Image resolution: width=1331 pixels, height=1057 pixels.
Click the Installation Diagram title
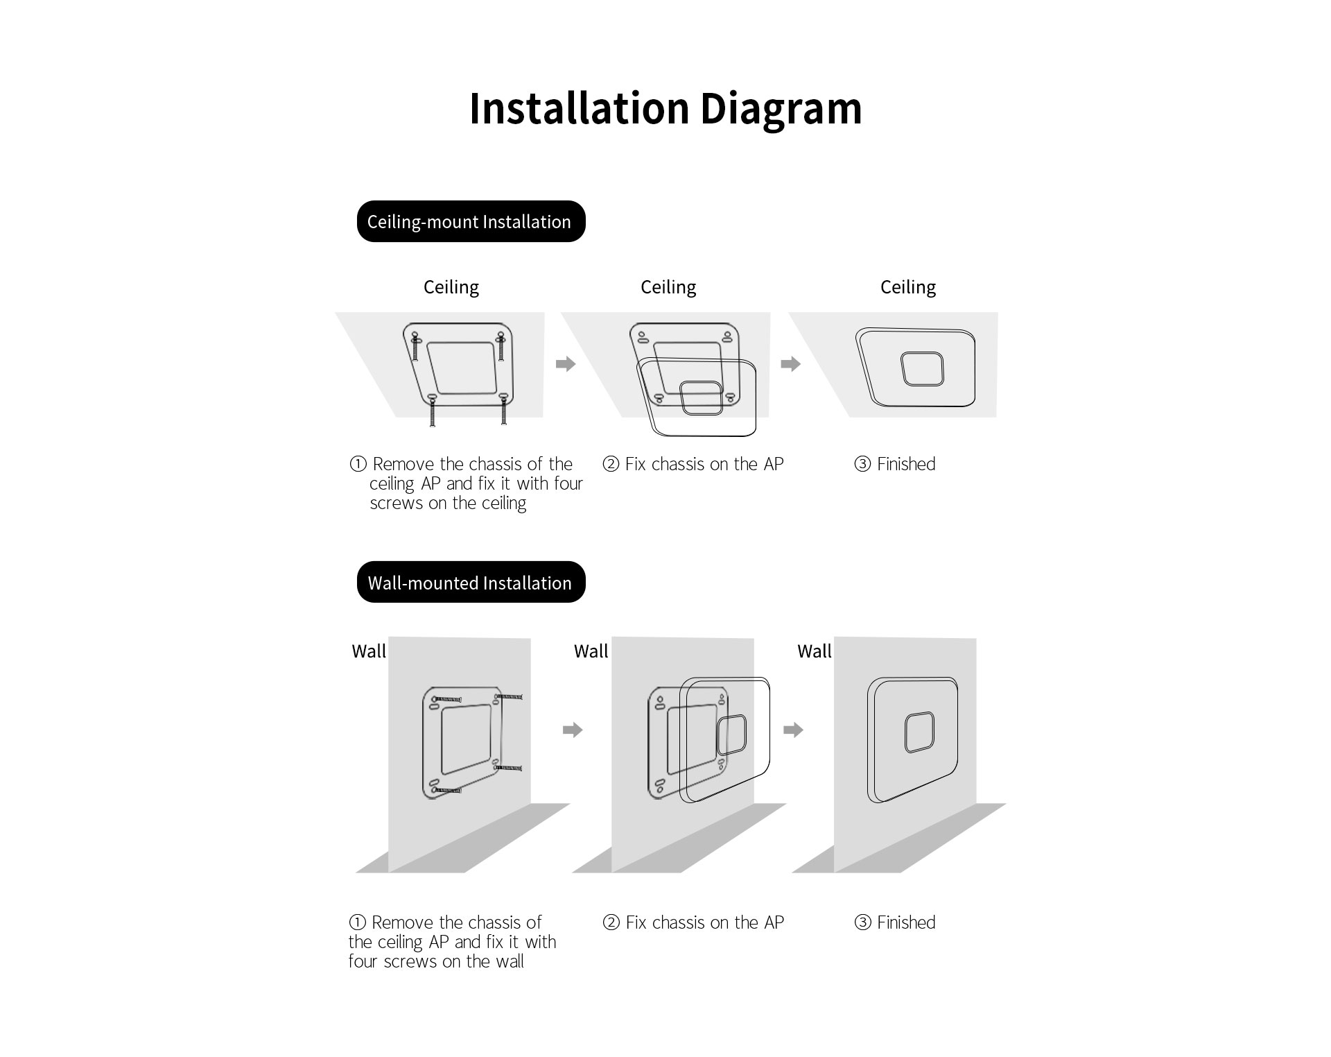665,109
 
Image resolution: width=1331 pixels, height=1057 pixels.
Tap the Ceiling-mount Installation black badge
471,221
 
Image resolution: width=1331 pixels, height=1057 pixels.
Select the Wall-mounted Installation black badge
471,582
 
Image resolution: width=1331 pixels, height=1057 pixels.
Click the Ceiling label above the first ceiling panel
451,287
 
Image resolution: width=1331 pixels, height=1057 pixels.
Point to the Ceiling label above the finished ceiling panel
908,287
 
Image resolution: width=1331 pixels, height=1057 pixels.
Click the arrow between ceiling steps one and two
566,363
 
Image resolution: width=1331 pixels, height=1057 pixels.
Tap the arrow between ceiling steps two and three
791,363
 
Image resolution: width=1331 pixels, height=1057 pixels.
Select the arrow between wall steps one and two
573,730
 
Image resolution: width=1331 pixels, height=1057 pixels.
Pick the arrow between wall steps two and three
794,730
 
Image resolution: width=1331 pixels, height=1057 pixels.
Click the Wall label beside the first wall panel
369,651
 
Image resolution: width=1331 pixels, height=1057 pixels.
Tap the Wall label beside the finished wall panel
815,651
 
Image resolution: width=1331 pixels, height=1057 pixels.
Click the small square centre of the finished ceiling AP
922,369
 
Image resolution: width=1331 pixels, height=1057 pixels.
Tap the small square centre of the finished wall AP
919,732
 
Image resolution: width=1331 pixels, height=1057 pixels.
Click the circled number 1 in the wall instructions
357,922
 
